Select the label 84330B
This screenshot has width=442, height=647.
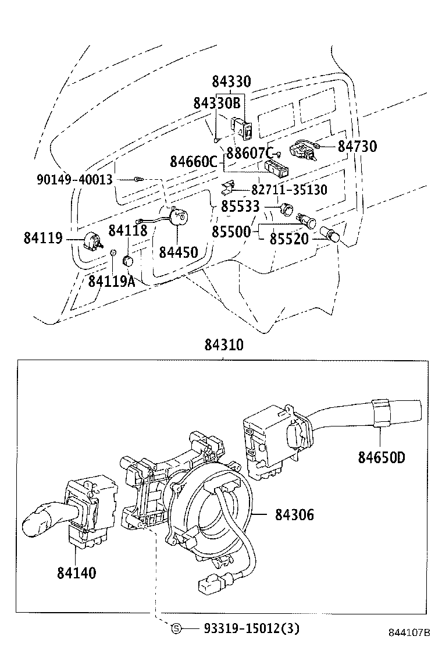(216, 104)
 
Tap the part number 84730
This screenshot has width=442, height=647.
(357, 147)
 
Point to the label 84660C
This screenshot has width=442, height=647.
(193, 162)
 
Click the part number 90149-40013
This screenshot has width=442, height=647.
(74, 180)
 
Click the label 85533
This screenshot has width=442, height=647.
(240, 207)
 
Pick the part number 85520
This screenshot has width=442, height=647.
(288, 239)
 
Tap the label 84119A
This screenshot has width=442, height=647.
(112, 282)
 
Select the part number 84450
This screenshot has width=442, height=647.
(179, 252)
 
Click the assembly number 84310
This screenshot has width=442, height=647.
(223, 345)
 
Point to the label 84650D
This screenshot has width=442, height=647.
(381, 457)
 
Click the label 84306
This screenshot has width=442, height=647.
(294, 514)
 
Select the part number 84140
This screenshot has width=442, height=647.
(76, 573)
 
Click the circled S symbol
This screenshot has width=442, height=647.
(177, 628)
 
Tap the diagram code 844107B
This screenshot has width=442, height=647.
(409, 633)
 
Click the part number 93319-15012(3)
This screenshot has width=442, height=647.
(251, 628)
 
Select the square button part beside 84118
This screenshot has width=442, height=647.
(129, 260)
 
